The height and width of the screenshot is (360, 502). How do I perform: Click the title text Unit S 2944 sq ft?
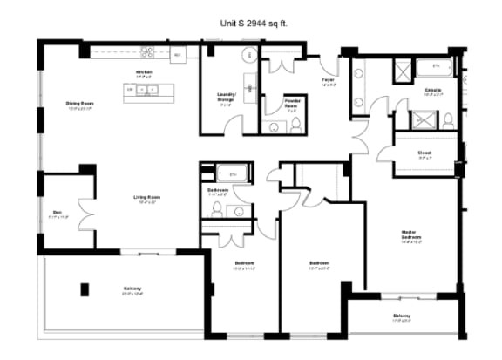tap(251, 25)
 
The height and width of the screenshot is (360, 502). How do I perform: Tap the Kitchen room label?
tap(145, 73)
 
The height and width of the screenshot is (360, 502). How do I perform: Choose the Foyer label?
tap(329, 81)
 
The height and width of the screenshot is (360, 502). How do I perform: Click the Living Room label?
tap(146, 199)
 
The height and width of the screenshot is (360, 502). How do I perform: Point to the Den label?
tap(56, 213)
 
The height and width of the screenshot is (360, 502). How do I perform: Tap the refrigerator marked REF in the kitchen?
tap(177, 55)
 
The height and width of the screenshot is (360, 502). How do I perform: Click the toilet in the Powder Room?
tap(295, 126)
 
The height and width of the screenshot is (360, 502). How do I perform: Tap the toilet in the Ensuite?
tap(446, 119)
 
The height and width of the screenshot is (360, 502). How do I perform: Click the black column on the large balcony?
tap(85, 289)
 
